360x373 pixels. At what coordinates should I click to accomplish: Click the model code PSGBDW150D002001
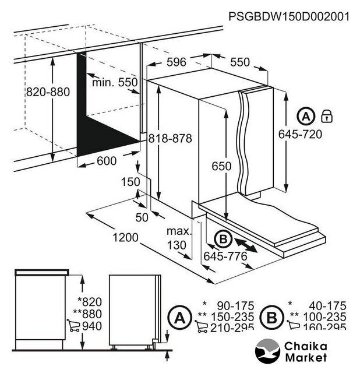[x=289, y=16]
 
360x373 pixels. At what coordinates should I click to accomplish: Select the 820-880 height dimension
[x=48, y=92]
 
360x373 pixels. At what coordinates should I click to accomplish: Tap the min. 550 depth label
[x=115, y=83]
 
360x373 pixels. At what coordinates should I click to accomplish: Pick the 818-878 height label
[x=170, y=138]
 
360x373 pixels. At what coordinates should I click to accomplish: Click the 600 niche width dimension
[x=105, y=161]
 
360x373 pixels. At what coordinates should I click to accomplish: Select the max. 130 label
[x=178, y=238]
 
